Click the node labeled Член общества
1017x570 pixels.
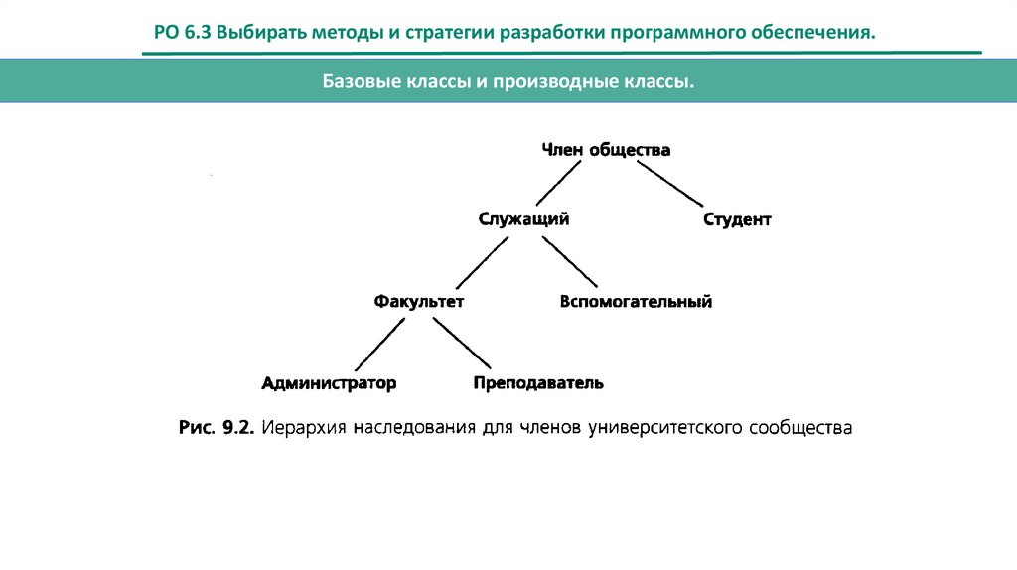606,150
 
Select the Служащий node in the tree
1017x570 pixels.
523,219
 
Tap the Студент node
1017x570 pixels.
736,219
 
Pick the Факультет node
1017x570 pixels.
419,301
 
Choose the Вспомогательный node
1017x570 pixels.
636,301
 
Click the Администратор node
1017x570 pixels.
329,382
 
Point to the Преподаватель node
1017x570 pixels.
538,382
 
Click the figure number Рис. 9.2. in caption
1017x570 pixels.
218,429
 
